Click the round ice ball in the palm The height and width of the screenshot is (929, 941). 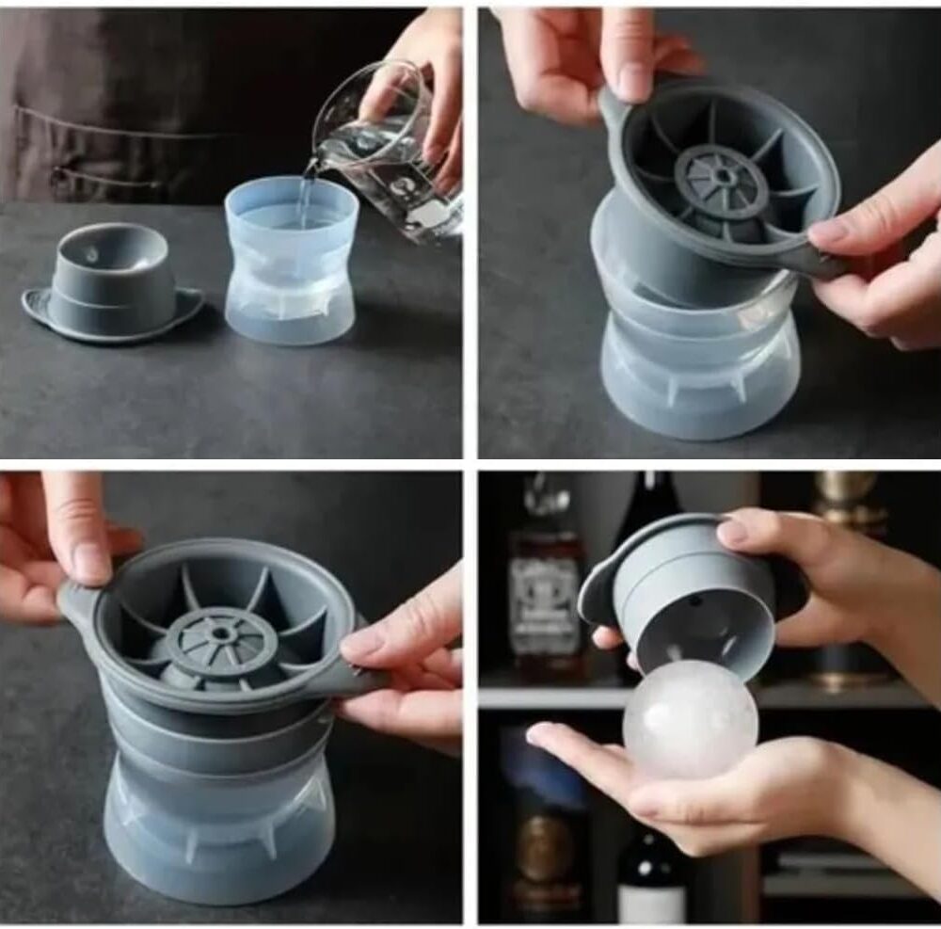690,720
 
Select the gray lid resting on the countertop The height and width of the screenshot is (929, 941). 111,282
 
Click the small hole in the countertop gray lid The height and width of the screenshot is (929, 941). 90,254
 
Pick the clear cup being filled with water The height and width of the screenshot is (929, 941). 291,264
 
